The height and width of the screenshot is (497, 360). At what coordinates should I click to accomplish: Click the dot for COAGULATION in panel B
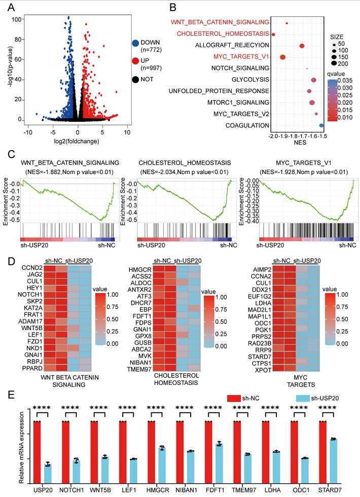(321, 125)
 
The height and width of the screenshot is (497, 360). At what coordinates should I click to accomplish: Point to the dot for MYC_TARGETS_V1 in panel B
(282, 57)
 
